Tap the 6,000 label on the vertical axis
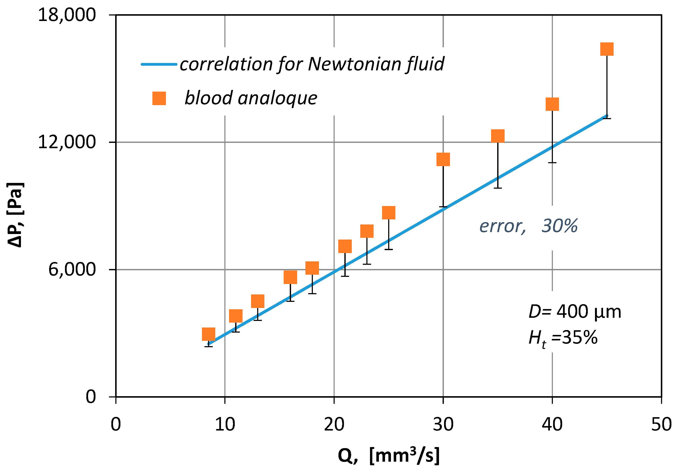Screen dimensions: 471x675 click(x=72, y=269)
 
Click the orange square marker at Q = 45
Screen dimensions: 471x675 click(x=607, y=49)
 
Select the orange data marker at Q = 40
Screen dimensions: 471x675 click(x=552, y=104)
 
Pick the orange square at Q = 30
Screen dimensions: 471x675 click(x=443, y=159)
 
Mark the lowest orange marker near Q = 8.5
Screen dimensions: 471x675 click(x=208, y=334)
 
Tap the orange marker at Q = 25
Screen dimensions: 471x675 click(x=389, y=213)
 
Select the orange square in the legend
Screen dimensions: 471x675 click(x=159, y=98)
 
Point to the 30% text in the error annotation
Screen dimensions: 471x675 click(x=559, y=226)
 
